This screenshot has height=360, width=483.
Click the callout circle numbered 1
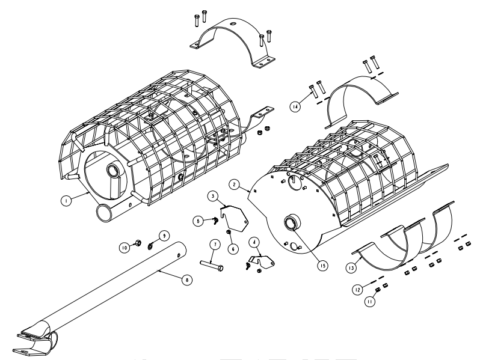66,201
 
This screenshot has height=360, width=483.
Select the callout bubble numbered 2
235,185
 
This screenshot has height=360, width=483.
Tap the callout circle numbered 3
213,196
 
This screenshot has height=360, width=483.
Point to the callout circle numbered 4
254,242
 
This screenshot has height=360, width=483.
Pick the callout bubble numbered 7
215,245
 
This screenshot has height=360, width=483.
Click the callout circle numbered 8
186,279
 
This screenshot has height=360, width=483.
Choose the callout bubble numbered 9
164,236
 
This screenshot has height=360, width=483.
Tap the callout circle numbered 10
125,248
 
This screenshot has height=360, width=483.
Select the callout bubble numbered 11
370,302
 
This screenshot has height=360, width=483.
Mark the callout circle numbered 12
358,290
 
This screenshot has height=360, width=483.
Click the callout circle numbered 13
351,268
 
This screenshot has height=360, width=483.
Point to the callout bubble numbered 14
295,107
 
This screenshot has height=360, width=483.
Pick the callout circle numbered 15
322,266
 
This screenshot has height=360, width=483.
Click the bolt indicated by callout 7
212,265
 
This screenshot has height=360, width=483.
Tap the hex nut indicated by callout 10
138,243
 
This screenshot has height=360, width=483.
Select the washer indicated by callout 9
150,246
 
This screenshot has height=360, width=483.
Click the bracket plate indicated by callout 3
234,218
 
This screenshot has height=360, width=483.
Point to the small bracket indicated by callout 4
262,261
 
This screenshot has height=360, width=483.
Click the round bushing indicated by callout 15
291,222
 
